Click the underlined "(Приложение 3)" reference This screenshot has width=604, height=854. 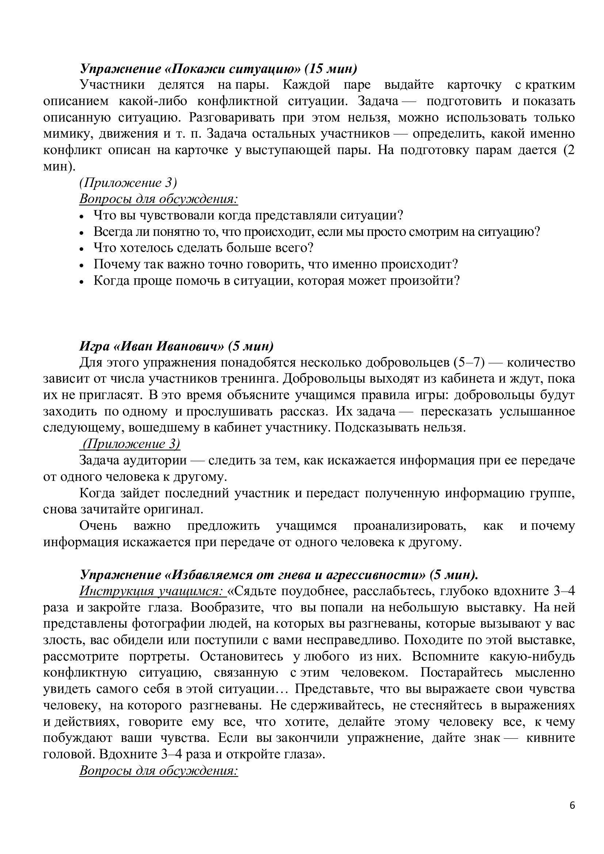coord(131,444)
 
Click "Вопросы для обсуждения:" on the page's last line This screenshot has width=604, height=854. coord(158,770)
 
